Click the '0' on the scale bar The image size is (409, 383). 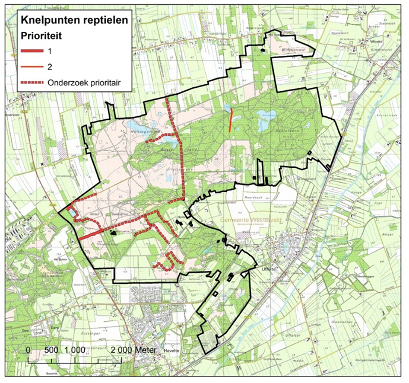click(x=28, y=350)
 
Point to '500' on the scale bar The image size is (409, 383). click(x=51, y=350)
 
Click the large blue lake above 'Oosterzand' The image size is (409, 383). click(x=265, y=114)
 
